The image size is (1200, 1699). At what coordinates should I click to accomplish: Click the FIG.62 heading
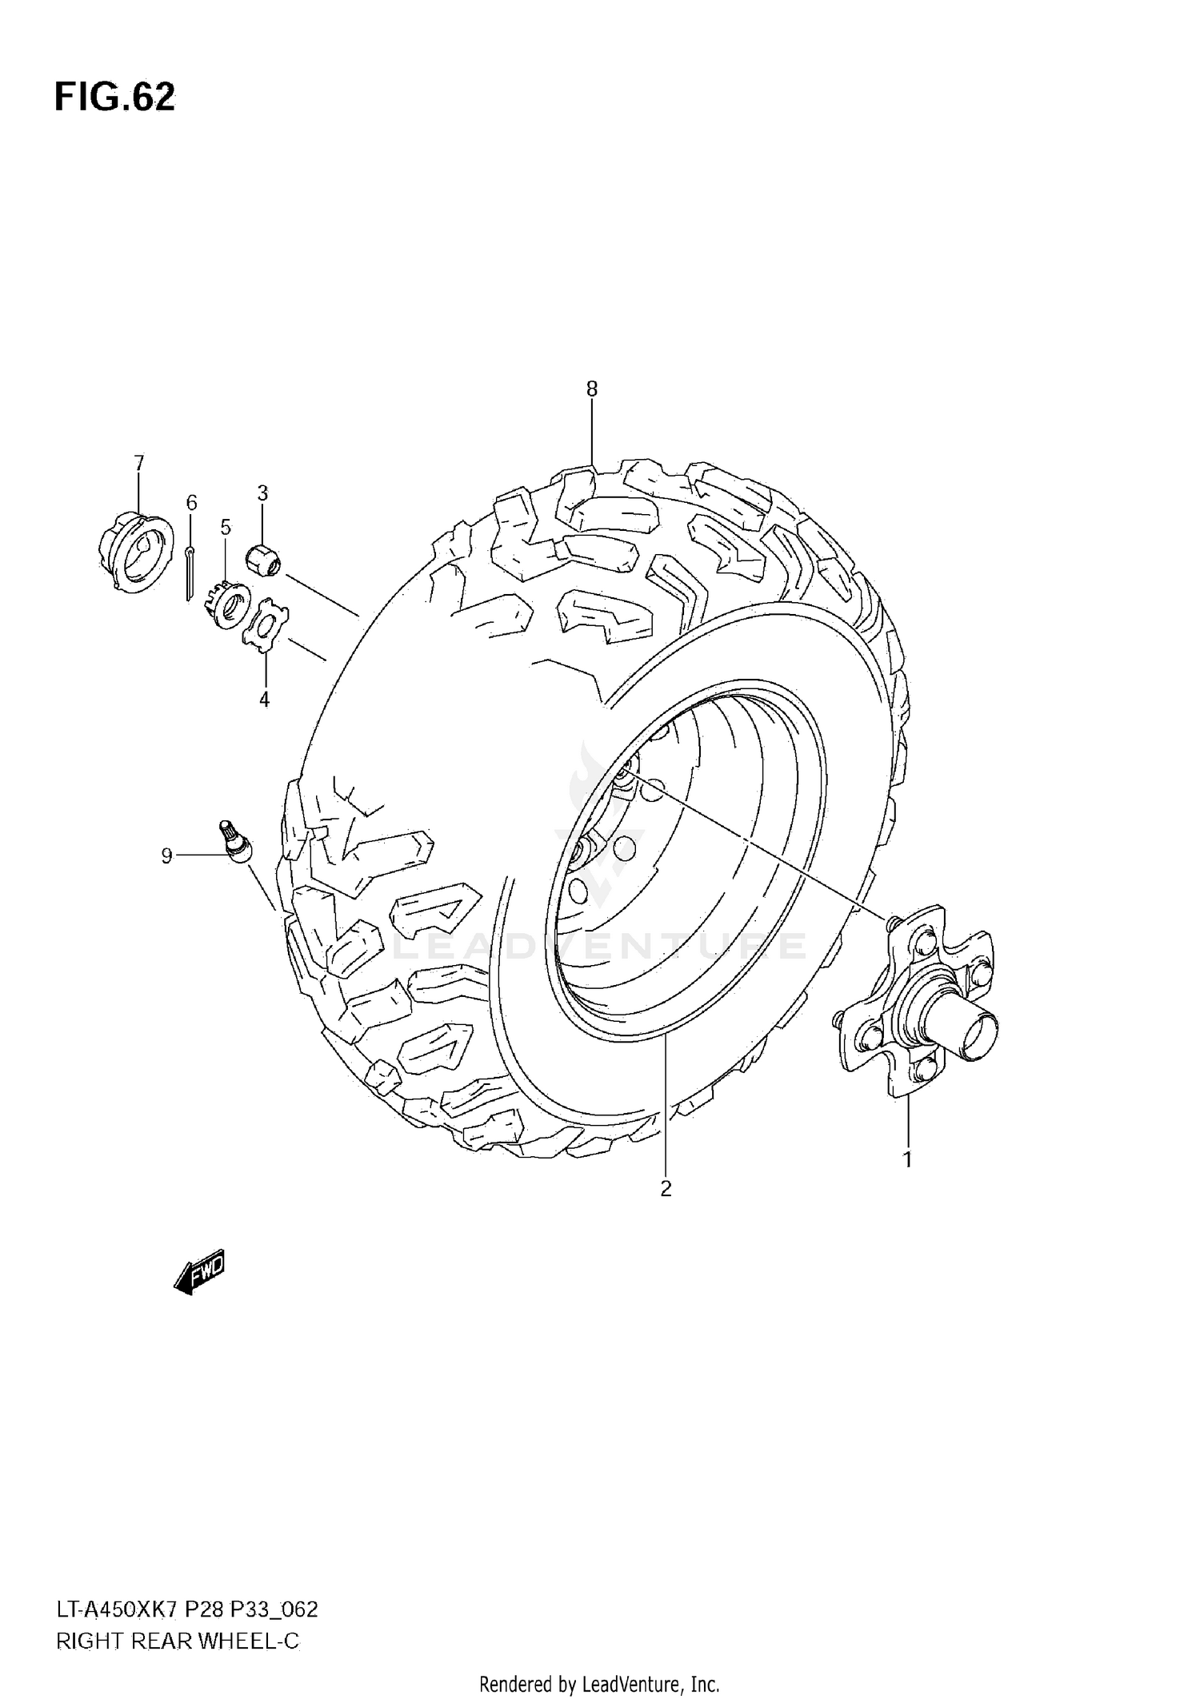click(114, 98)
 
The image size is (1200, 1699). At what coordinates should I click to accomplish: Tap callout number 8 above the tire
click(591, 389)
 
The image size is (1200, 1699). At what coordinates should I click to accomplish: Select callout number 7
click(139, 463)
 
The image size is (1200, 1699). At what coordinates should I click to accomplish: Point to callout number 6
click(191, 503)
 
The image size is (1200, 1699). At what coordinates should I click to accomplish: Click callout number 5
click(226, 527)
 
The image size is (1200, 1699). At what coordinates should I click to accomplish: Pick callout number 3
click(262, 493)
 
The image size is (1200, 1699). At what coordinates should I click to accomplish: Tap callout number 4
click(264, 700)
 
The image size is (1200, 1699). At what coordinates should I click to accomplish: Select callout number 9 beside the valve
click(166, 856)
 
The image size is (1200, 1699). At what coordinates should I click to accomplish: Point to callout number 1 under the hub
click(907, 1159)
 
